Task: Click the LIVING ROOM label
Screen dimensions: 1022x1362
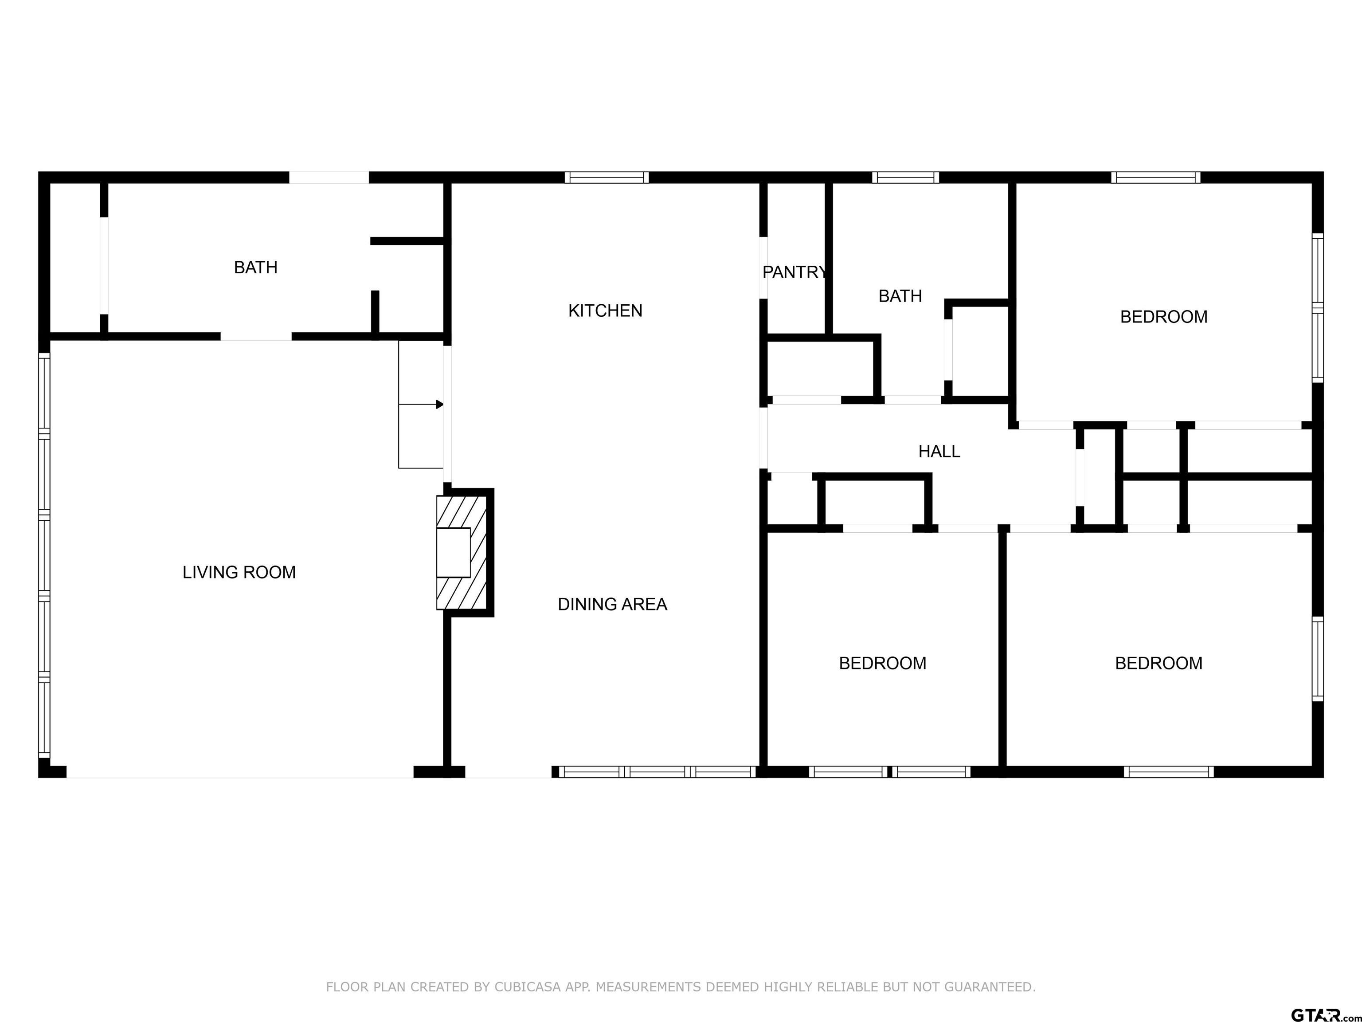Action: pos(239,572)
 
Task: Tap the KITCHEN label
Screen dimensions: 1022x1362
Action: pos(605,311)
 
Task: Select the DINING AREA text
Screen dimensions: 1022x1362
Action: pos(612,604)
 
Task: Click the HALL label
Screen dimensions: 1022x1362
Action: pos(939,452)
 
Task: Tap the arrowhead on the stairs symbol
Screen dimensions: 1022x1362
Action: pos(440,405)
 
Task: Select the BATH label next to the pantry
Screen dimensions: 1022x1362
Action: pos(900,296)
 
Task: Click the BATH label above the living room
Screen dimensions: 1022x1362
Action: pos(255,267)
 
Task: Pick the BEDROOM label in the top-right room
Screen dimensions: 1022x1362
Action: pos(1163,317)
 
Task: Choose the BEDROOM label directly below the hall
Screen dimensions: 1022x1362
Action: pos(882,664)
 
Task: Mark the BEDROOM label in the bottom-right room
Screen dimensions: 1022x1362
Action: pos(1158,664)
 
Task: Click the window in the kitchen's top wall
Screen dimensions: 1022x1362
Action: pos(607,177)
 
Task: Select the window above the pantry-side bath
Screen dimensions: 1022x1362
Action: pos(905,177)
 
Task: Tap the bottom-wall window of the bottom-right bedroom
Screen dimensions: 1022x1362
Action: pos(1168,772)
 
